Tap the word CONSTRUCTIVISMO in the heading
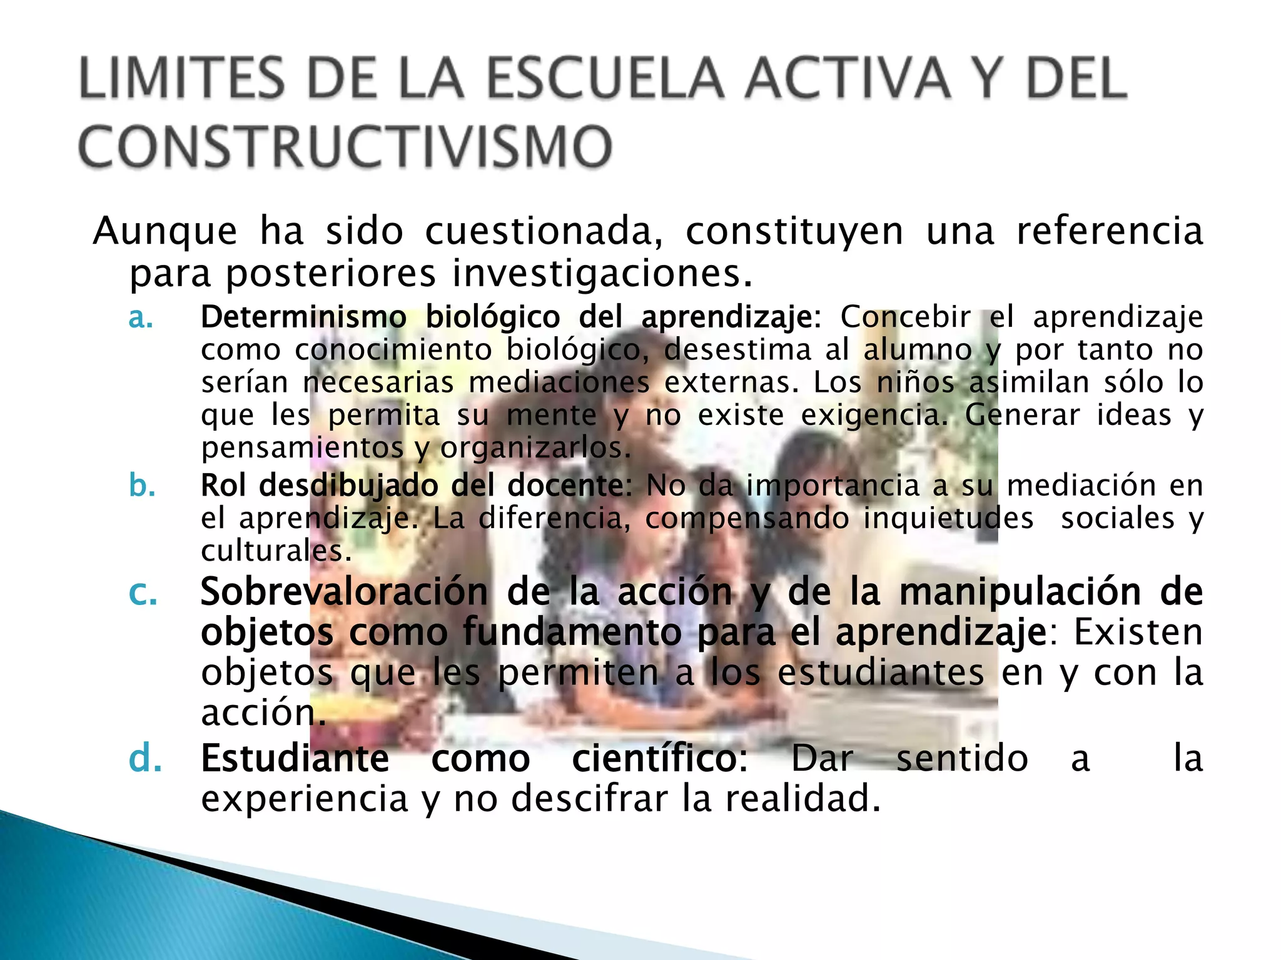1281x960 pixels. click(x=345, y=146)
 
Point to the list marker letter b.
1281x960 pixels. click(x=142, y=485)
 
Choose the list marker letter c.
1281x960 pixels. click(x=143, y=592)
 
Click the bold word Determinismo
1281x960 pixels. click(x=303, y=317)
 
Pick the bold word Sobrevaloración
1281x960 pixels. click(x=343, y=592)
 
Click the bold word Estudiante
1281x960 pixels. click(x=295, y=759)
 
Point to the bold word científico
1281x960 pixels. click(x=659, y=759)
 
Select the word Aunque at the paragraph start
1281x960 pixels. click(x=165, y=231)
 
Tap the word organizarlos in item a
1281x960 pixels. click(x=535, y=447)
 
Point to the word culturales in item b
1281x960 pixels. click(x=276, y=551)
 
